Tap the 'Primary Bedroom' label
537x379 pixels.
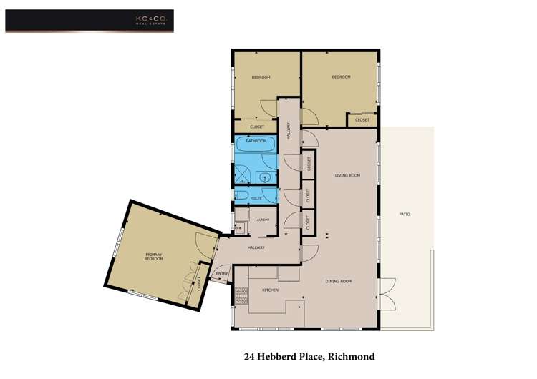click(154, 257)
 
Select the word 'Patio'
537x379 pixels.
click(405, 215)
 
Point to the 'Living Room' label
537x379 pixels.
click(347, 175)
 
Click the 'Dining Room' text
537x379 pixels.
click(339, 281)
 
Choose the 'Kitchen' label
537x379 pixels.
click(269, 290)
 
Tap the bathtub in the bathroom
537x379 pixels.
click(256, 152)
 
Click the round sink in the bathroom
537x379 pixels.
click(265, 177)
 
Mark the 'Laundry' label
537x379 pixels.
click(261, 220)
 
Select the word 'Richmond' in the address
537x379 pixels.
click(351, 356)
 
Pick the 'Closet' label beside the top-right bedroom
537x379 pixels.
click(362, 119)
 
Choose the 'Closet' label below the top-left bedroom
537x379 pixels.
click(257, 127)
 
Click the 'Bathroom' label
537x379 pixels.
click(256, 141)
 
